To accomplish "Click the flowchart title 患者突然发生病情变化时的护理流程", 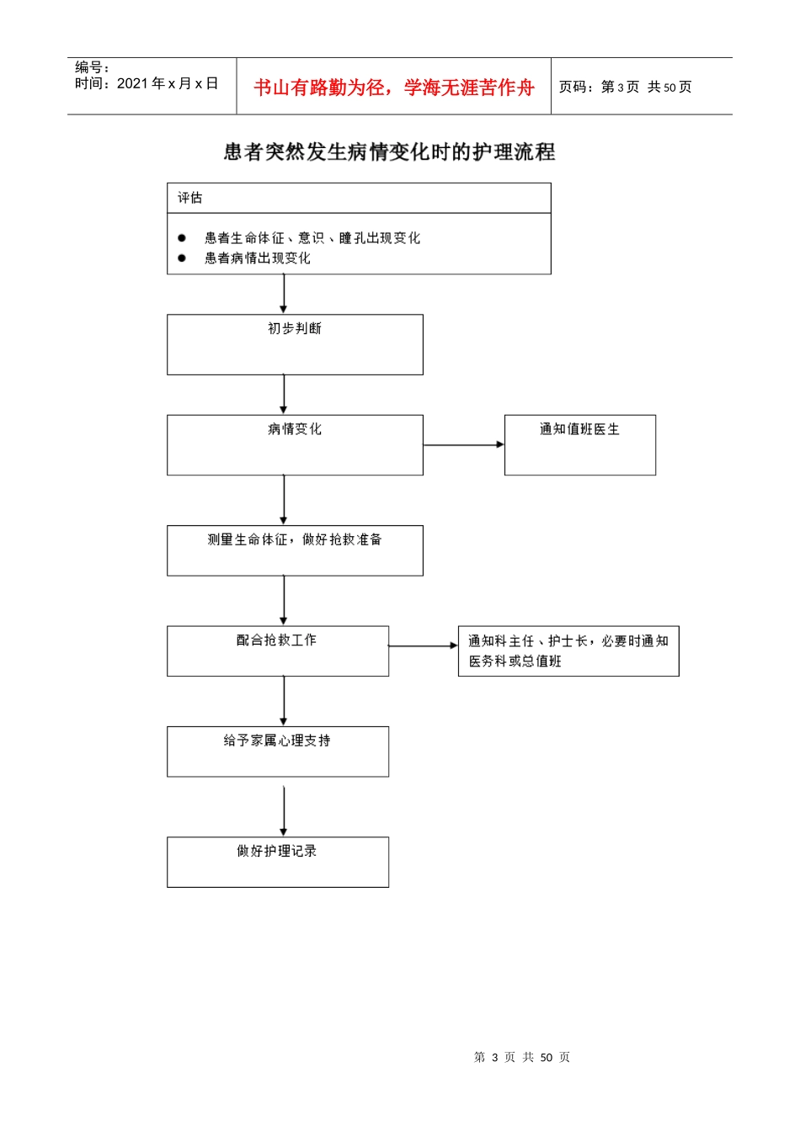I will (389, 152).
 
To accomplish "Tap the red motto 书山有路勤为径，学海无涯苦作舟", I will (393, 88).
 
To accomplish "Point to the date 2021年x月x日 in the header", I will (167, 83).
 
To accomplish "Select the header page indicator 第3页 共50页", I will (625, 88).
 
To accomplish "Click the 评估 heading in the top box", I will (189, 198).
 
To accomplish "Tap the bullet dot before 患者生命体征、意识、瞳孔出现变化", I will (182, 238).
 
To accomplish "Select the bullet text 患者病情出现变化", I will (257, 258).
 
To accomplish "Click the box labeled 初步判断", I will (295, 344).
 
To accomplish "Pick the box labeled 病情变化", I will (295, 444).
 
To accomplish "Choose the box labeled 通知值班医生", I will (579, 444).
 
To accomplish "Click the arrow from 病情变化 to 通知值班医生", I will (463, 444).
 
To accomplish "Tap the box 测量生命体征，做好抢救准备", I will (295, 550).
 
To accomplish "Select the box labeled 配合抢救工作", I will (277, 650).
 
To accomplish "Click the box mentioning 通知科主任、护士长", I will (568, 650).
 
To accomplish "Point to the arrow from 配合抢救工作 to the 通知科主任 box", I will (423, 646).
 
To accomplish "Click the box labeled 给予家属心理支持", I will (277, 751).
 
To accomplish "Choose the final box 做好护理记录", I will (277, 861).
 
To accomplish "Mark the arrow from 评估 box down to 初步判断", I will (284, 294).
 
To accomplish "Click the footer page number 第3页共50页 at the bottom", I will (522, 1058).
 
